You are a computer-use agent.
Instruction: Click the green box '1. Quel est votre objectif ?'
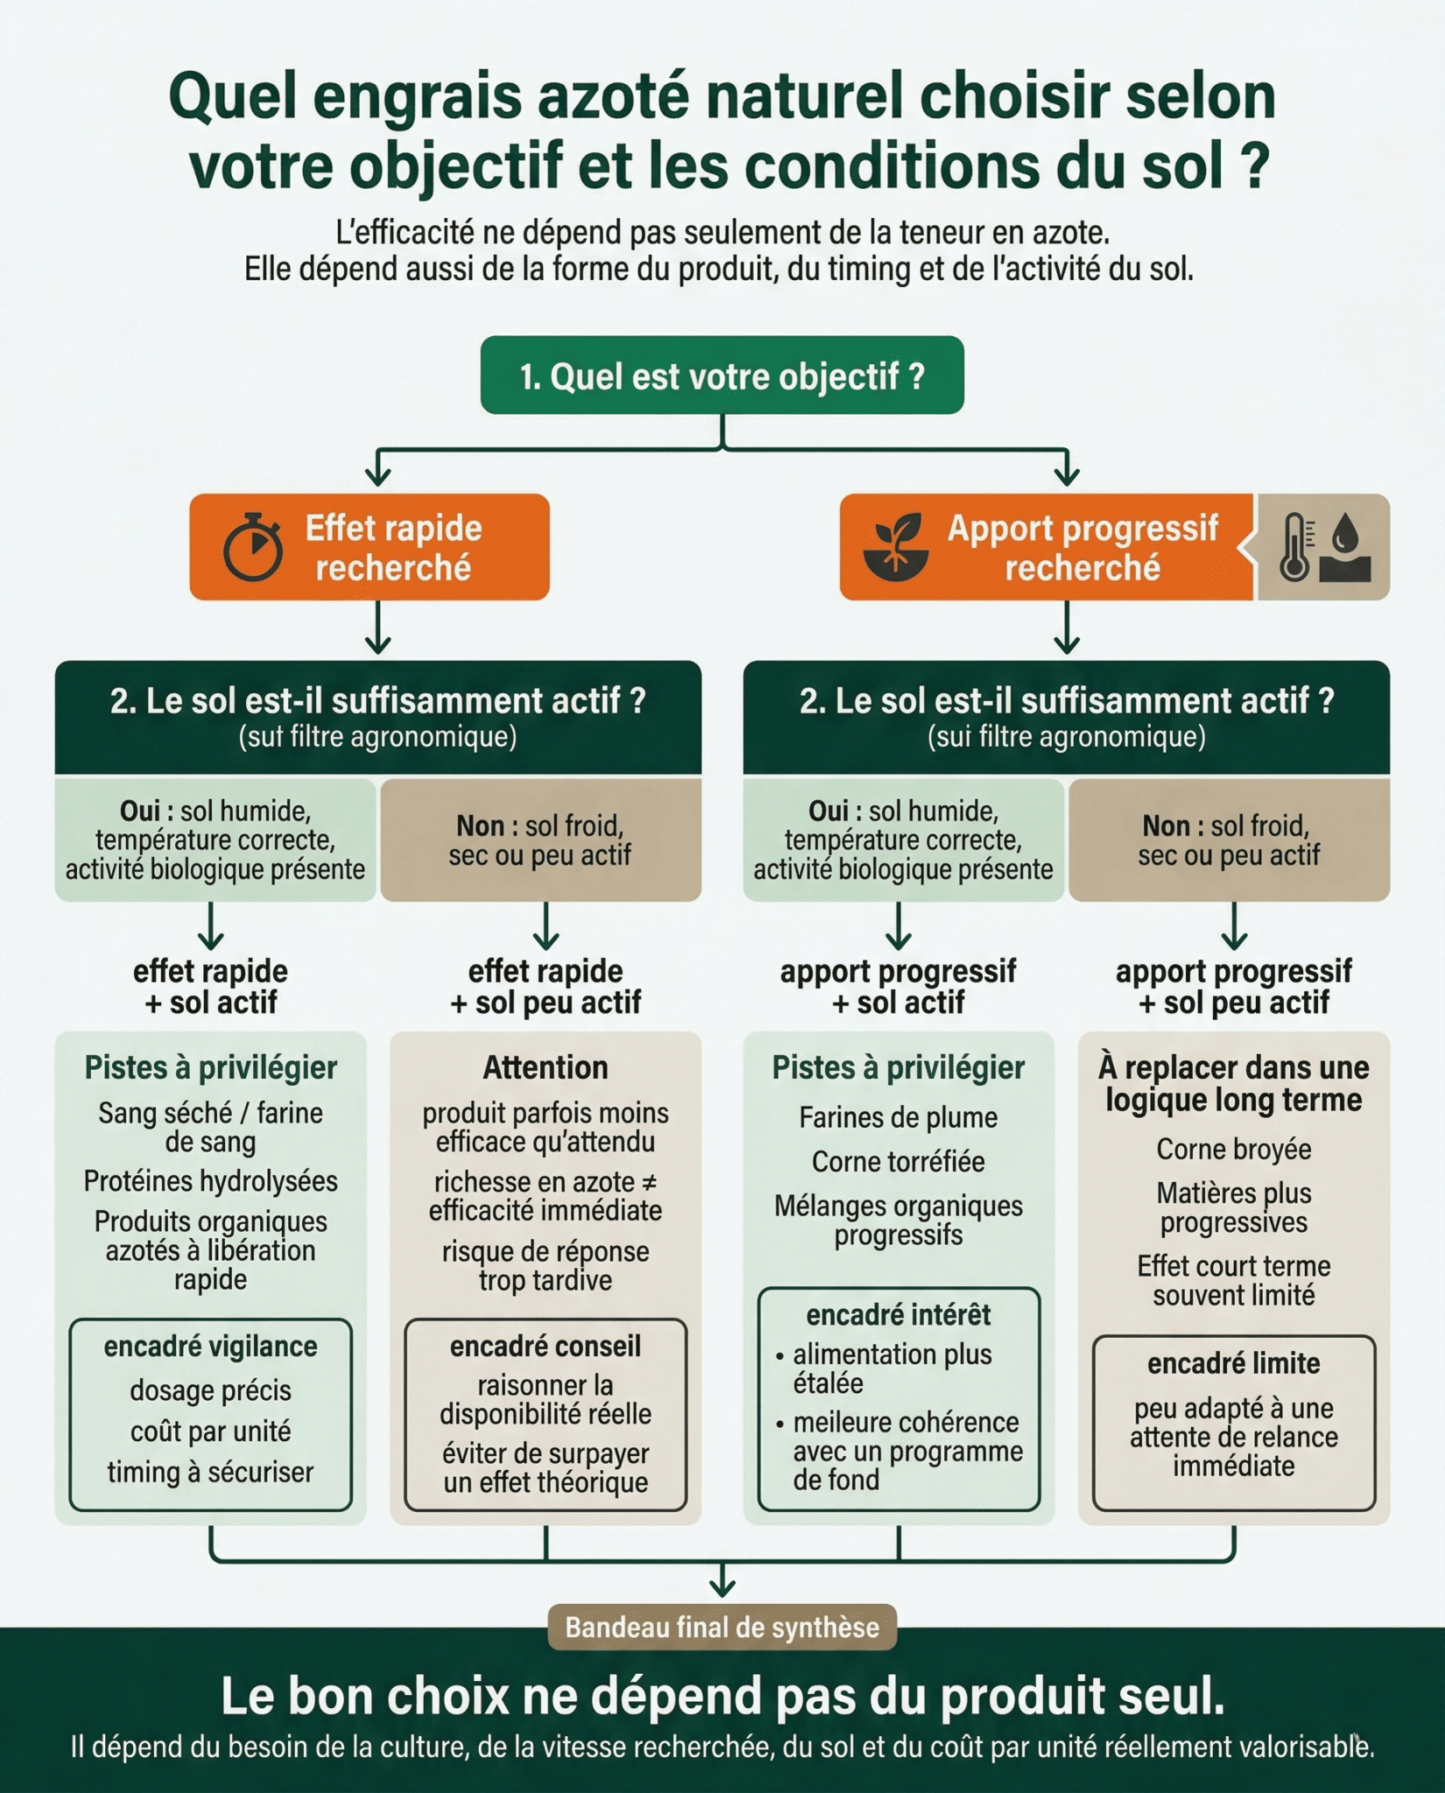(722, 376)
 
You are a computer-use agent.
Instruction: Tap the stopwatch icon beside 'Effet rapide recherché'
(253, 548)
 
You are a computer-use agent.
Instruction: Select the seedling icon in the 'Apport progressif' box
(895, 547)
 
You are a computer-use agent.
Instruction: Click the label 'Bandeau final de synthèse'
(722, 1627)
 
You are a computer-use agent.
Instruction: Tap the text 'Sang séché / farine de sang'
(210, 1127)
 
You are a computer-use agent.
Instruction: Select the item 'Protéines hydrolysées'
(210, 1181)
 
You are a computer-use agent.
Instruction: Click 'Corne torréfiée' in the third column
(898, 1162)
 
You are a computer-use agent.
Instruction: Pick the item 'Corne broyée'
(1233, 1149)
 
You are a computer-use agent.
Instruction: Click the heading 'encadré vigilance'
(210, 1347)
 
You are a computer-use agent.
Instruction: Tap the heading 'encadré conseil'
(545, 1347)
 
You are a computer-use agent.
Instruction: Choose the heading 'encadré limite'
(1233, 1363)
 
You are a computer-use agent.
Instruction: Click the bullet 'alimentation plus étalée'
(892, 1368)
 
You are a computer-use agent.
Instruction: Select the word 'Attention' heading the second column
(545, 1067)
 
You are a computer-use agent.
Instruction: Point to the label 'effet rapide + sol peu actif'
(545, 987)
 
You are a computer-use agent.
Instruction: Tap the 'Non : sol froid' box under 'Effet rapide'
(540, 840)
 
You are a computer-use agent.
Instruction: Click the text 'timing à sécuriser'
(210, 1472)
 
